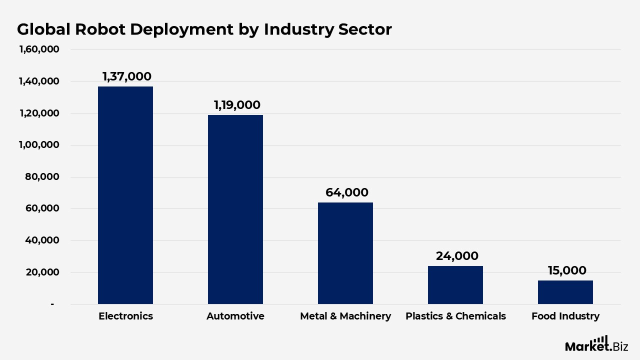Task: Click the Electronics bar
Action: point(125,195)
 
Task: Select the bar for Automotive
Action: point(235,209)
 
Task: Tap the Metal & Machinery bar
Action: point(345,253)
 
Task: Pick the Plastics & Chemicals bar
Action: point(455,285)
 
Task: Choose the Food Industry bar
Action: point(565,292)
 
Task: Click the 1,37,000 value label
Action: point(126,76)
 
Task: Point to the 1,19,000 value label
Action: point(237,105)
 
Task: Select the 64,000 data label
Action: point(346,192)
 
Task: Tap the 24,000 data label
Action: point(457,256)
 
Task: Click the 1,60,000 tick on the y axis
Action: point(39,49)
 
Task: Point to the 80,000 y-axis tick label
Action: point(42,177)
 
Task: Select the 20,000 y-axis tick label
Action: point(42,272)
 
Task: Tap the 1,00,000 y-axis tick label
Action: point(39,145)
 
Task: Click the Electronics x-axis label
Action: point(125,316)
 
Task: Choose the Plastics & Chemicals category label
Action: point(455,316)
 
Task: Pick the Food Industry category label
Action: point(565,316)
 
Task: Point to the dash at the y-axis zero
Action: point(52,304)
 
